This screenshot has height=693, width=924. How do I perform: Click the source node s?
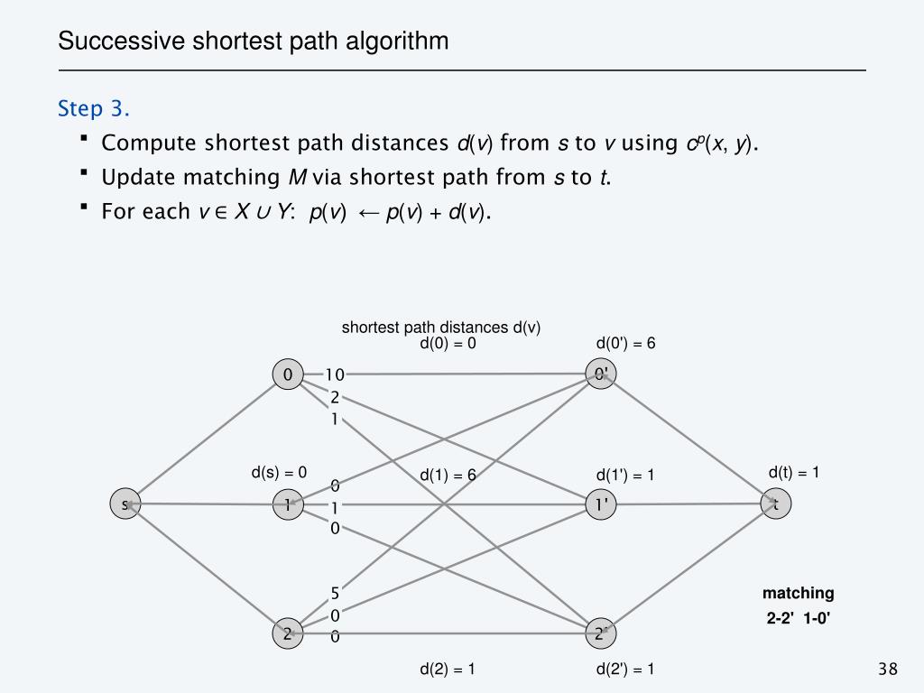(x=125, y=504)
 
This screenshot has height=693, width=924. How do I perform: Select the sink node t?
(x=775, y=504)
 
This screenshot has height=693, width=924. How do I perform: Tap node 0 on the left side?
(x=287, y=374)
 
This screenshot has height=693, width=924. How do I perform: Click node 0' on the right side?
(x=600, y=374)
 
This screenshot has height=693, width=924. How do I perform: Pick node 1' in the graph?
(x=600, y=505)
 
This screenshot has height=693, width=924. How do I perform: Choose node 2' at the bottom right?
(x=600, y=633)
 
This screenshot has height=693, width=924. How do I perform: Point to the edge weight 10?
(x=335, y=374)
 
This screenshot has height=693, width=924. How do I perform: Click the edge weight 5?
(x=335, y=594)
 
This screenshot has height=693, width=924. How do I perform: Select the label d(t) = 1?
(x=793, y=472)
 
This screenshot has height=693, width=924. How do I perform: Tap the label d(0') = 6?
(x=625, y=343)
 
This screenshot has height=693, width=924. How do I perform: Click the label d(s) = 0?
(x=279, y=472)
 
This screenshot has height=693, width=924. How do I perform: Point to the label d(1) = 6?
(x=448, y=476)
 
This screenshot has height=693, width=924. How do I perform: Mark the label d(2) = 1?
(x=448, y=669)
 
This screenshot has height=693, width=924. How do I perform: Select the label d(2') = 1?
(x=625, y=669)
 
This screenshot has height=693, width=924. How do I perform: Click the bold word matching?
(x=798, y=594)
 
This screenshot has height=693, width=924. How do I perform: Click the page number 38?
(x=888, y=669)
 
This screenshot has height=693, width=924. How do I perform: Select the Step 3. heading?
(x=94, y=109)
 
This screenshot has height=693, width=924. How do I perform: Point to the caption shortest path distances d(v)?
(x=440, y=328)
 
